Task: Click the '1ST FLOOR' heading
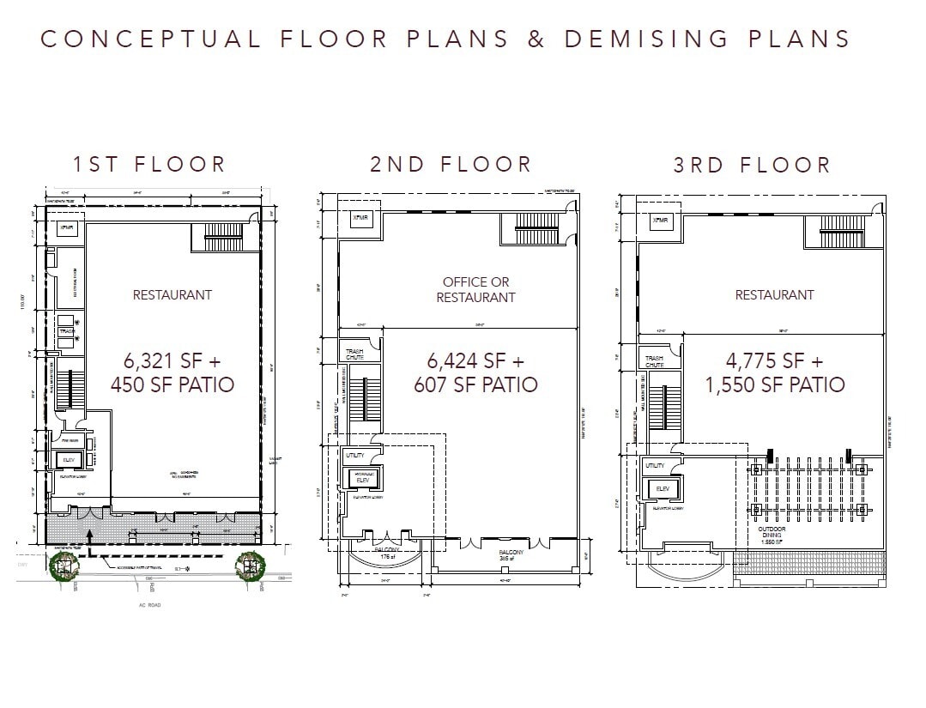coord(149,164)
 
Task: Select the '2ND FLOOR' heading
coord(451,164)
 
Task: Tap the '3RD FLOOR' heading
coord(752,165)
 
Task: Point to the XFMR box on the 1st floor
coord(68,228)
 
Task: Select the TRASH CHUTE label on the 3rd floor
coord(654,361)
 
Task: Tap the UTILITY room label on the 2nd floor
coord(354,455)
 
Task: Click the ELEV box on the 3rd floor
coord(662,488)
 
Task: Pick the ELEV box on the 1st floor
coord(69,461)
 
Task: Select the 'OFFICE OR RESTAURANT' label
coord(475,289)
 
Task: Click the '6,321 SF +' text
coord(172,359)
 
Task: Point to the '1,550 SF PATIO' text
coord(774,385)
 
